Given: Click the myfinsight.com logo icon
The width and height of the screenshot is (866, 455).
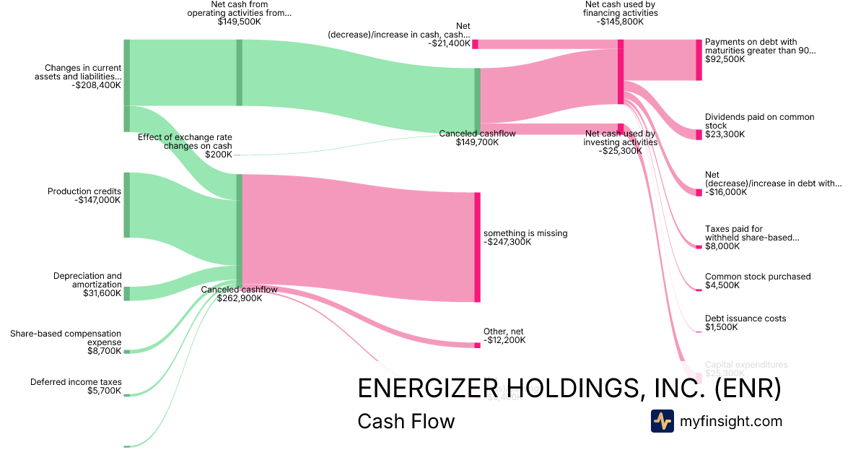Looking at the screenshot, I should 662,421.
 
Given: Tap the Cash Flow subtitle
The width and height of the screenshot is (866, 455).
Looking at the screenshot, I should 406,421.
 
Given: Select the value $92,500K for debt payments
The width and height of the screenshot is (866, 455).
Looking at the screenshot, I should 725,59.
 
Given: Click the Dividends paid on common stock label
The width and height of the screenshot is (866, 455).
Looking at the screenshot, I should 759,121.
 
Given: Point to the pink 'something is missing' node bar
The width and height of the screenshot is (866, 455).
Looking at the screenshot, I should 477,247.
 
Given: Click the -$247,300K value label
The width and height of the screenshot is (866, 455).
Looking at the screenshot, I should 507,242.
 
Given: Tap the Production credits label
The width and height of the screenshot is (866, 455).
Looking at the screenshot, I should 84,191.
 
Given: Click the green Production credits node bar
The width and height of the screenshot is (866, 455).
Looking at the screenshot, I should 126,204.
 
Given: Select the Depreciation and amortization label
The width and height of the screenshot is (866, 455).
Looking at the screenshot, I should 87,279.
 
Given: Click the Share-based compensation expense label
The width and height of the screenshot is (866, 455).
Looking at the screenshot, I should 66,337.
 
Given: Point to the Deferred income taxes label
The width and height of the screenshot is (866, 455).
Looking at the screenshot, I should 76,382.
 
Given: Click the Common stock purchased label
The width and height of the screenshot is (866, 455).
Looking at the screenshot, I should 758,277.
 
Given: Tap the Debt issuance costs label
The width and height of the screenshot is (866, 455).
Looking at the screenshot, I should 745,318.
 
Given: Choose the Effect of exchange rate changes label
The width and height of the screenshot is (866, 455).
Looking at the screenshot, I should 185,141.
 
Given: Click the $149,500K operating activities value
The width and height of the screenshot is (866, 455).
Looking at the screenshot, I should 239,22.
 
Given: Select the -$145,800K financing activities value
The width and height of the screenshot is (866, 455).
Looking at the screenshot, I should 621,22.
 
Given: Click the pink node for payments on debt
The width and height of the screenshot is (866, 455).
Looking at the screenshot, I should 699,60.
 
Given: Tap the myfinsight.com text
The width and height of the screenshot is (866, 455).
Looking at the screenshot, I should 731,421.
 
